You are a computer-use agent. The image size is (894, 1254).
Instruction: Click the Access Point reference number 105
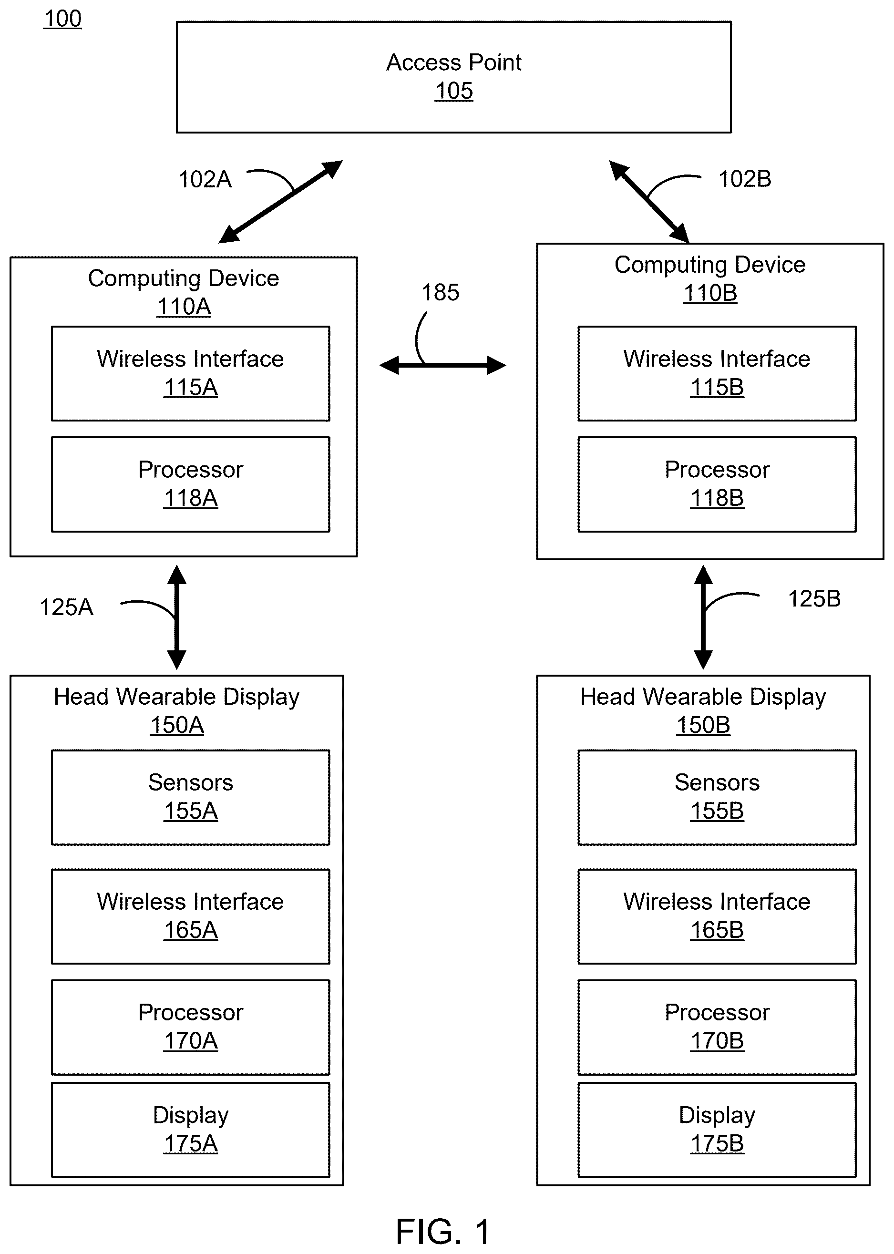coord(453,91)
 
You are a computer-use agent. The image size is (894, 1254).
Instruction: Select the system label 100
coord(63,19)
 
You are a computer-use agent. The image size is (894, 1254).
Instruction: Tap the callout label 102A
coord(205,179)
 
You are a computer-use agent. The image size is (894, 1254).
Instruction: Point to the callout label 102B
coord(745,179)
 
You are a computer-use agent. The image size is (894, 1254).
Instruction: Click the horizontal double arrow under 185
coord(442,365)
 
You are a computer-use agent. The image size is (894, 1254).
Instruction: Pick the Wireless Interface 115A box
coord(190,374)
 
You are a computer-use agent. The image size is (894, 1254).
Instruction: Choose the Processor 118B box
coord(717,484)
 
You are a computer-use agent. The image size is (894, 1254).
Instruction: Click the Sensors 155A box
coord(190,797)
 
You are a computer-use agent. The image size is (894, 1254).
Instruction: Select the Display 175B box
coord(717,1130)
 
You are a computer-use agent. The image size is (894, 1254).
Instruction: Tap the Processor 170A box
coord(190,1027)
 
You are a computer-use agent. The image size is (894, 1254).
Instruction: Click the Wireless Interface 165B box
coord(717,916)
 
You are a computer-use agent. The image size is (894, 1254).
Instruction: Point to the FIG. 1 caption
coord(443,1232)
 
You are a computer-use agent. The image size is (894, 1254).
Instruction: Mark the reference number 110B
coord(709,293)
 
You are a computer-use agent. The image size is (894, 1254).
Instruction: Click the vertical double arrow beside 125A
coord(177,617)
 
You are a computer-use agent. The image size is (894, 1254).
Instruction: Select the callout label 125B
coord(814,599)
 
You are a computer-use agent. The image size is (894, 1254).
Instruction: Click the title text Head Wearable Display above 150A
coord(177,697)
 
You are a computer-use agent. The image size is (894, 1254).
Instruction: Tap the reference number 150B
coord(703,726)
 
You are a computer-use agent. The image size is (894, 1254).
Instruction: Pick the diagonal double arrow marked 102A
coord(281,202)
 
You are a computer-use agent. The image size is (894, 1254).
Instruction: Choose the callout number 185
coord(441,293)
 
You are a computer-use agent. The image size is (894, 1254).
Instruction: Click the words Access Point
coord(453,62)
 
